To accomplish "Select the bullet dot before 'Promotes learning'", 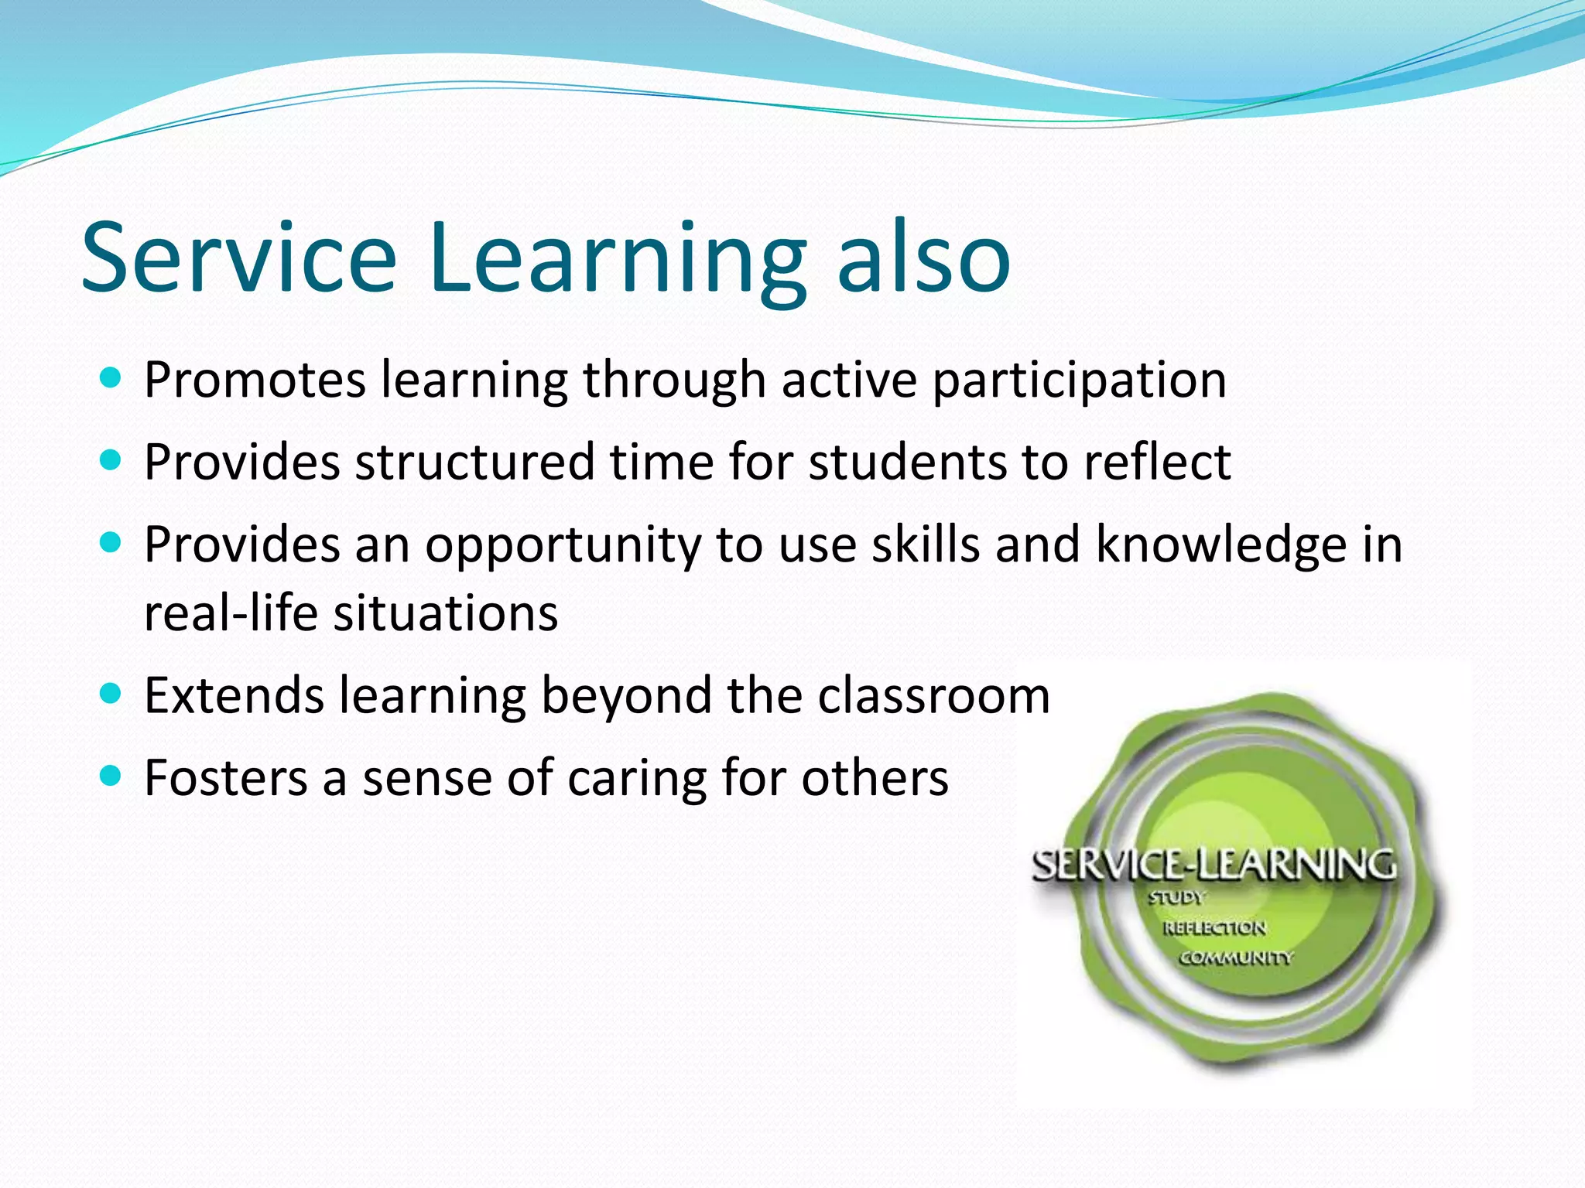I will pyautogui.click(x=111, y=378).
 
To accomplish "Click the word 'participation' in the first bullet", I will pyautogui.click(x=1079, y=381).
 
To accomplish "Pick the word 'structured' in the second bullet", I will pyautogui.click(x=474, y=463).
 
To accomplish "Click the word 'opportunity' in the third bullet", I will pyautogui.click(x=563, y=546).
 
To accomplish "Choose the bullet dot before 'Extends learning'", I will pyautogui.click(x=111, y=692).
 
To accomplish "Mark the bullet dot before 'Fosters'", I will pyautogui.click(x=111, y=775).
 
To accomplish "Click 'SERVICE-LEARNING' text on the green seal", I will pyautogui.click(x=1214, y=865).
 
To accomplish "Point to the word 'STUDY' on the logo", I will pyautogui.click(x=1176, y=898).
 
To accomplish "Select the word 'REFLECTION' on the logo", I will pyautogui.click(x=1214, y=928).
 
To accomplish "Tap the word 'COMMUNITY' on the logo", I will pyautogui.click(x=1235, y=958).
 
